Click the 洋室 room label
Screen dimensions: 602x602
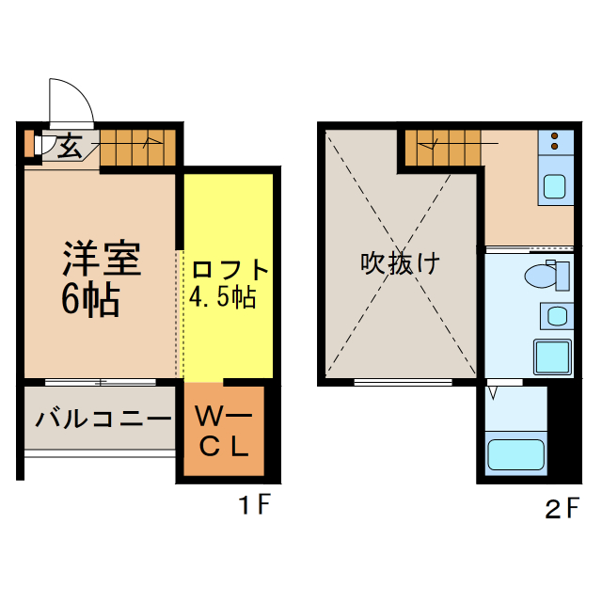(x=102, y=259)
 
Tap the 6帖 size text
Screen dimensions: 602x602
(x=90, y=299)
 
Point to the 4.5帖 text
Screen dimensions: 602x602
(x=222, y=299)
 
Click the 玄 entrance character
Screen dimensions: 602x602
(x=69, y=147)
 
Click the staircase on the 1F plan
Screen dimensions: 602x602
(x=138, y=146)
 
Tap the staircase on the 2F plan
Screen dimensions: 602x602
(x=444, y=146)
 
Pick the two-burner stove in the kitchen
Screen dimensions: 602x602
(x=556, y=141)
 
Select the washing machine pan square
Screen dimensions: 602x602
(x=553, y=357)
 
